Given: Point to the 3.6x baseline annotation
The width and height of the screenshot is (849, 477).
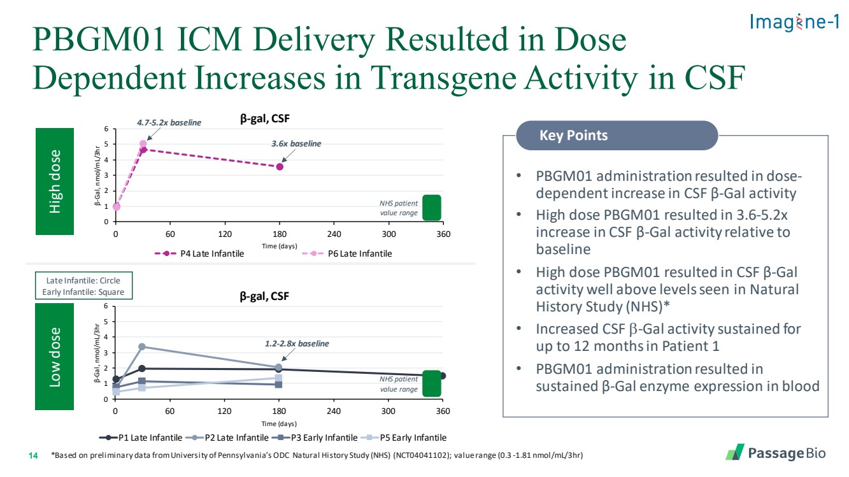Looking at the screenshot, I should click(296, 143).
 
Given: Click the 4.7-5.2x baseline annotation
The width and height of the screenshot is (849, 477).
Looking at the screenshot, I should click(169, 122).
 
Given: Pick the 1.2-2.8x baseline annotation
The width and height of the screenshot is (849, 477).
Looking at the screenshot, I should click(297, 344).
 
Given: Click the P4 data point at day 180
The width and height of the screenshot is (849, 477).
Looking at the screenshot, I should click(279, 167).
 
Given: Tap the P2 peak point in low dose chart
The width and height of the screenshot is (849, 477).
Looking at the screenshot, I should click(142, 346).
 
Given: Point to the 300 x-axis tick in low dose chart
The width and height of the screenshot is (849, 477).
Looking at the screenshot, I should click(389, 411).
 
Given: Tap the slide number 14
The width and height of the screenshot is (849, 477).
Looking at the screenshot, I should click(34, 455).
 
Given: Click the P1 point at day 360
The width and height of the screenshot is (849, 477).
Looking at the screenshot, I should click(443, 376).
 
